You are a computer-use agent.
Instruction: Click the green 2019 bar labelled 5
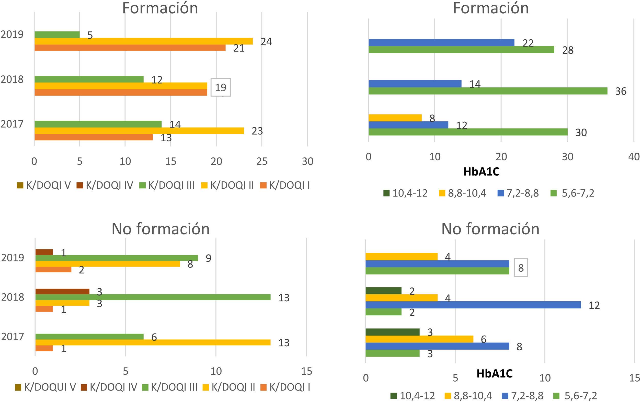(57, 35)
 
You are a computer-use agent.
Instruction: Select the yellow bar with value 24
(144, 41)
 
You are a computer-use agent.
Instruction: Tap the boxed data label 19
(221, 87)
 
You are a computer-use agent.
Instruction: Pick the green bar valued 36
(488, 91)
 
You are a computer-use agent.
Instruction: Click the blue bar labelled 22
(441, 42)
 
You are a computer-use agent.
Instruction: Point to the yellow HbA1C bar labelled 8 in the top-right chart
(395, 118)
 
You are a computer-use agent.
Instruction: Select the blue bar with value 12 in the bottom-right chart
(473, 305)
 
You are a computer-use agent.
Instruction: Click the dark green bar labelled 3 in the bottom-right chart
(392, 332)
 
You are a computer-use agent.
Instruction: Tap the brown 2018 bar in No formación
(62, 292)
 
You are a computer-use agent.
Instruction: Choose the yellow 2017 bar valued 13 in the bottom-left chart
(153, 342)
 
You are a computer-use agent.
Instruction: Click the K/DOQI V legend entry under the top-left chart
(44, 185)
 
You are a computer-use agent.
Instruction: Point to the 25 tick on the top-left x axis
(262, 161)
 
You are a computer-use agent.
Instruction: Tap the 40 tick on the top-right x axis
(634, 157)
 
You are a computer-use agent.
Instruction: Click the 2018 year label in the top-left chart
(12, 79)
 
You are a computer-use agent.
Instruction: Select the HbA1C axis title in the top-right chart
(481, 172)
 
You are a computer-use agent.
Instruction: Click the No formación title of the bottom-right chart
(490, 229)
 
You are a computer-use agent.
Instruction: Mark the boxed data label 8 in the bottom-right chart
(521, 268)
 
